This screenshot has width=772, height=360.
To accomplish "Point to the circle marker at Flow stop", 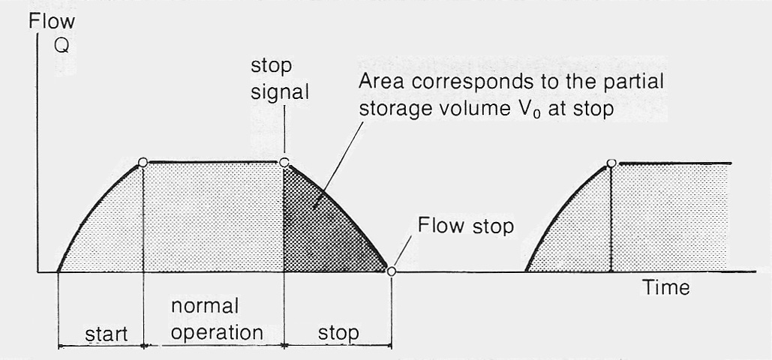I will [391, 271].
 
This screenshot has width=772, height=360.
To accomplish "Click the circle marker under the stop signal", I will [284, 162].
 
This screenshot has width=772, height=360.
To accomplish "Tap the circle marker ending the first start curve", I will [143, 162].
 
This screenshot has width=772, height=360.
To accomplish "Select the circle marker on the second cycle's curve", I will [611, 163].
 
